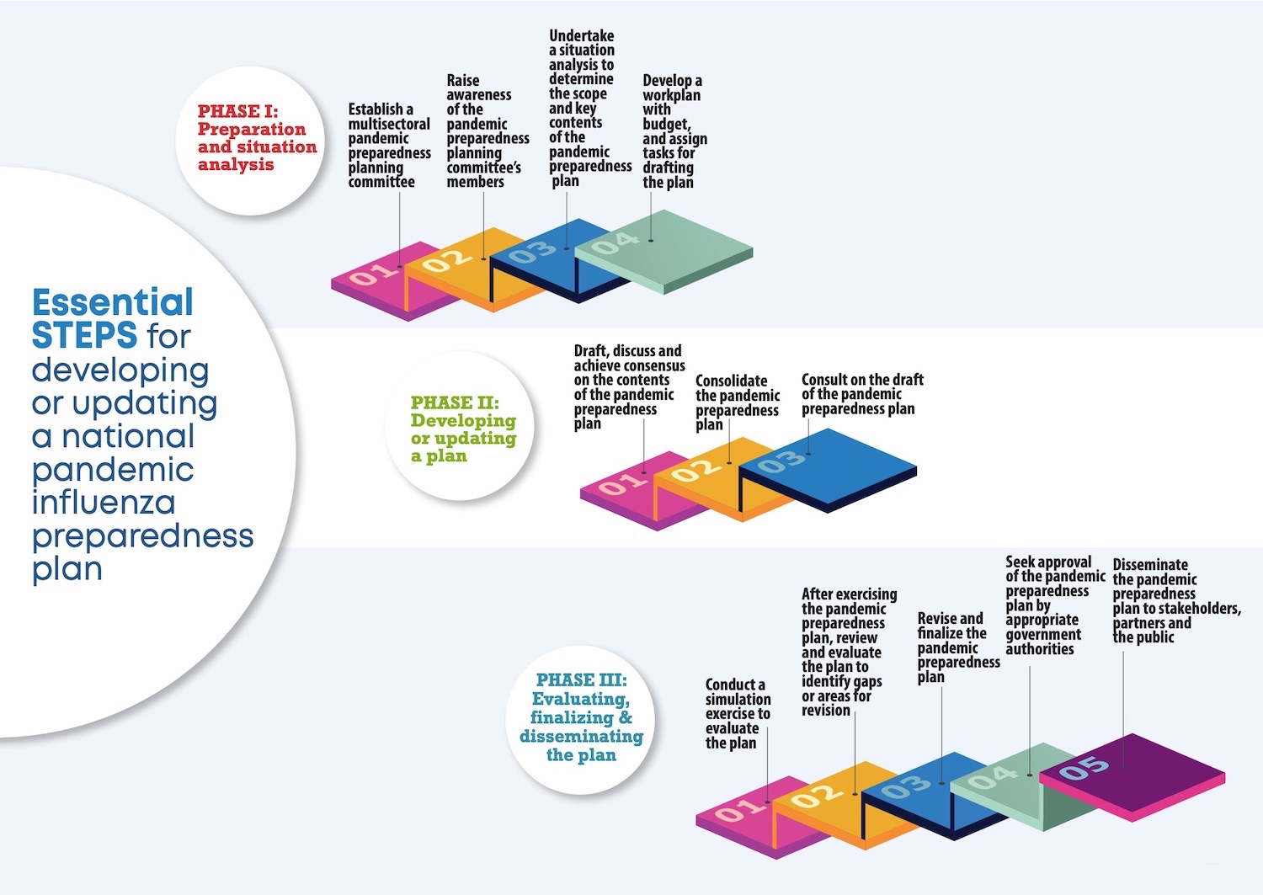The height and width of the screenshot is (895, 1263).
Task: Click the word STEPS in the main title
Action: (84, 335)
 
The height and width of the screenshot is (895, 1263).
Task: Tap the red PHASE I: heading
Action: (238, 111)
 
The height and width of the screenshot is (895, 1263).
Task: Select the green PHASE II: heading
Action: (455, 402)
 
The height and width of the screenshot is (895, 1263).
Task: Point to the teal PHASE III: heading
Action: (581, 680)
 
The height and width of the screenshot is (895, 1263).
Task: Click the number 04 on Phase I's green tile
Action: (616, 243)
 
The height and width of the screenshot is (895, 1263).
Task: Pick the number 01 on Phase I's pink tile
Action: (373, 274)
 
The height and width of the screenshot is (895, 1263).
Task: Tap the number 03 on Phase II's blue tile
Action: (781, 462)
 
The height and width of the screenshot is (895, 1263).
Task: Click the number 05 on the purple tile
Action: (1084, 768)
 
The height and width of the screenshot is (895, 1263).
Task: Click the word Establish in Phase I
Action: (375, 109)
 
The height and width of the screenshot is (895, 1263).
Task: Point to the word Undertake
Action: (581, 35)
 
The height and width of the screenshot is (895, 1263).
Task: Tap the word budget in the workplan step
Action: (667, 124)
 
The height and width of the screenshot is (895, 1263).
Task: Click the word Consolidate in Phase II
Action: (732, 381)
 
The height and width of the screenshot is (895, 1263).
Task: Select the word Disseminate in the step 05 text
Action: (1150, 564)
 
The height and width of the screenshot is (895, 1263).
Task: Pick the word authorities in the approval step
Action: (1040, 649)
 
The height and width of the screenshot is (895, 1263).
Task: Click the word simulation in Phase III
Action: (738, 700)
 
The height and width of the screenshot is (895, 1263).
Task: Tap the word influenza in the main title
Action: (104, 502)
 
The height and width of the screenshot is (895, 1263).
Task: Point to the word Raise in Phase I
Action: (463, 80)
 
